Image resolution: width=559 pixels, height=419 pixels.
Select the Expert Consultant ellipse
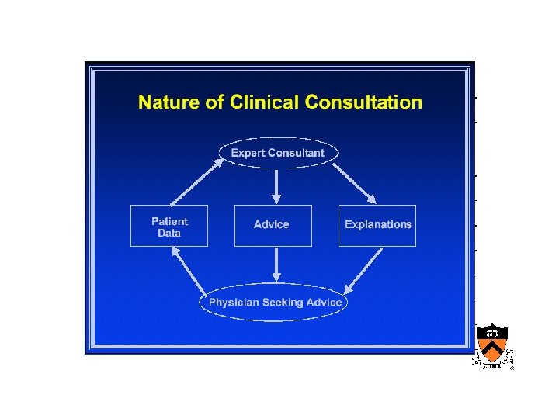(x=278, y=153)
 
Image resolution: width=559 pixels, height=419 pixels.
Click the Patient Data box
(x=169, y=226)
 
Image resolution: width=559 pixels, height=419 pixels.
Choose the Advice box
(x=272, y=225)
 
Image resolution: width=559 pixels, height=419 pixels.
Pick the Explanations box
(x=377, y=225)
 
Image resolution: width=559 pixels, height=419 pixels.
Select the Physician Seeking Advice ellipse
(x=275, y=302)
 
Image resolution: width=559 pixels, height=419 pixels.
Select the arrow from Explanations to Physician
(x=363, y=268)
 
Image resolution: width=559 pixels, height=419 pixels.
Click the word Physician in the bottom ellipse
(x=234, y=302)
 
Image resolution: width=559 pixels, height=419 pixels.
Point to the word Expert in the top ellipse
(x=248, y=153)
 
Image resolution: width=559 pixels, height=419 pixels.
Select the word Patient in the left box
(x=169, y=221)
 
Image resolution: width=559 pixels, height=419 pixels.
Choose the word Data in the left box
(x=168, y=233)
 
